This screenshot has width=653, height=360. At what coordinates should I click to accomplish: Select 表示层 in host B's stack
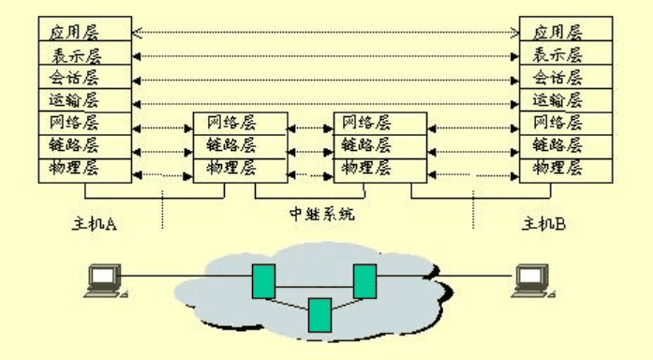pyautogui.click(x=566, y=53)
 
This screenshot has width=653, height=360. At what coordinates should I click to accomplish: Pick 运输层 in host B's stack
pyautogui.click(x=566, y=99)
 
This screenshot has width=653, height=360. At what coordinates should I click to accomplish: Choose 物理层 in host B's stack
pyautogui.click(x=566, y=169)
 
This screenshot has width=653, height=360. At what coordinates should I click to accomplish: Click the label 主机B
pyautogui.click(x=544, y=223)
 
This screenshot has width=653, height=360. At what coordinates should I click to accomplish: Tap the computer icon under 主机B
pyautogui.click(x=533, y=280)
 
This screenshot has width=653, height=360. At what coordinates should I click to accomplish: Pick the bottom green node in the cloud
pyautogui.click(x=319, y=315)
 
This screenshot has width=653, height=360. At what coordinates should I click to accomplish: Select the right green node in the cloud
pyautogui.click(x=364, y=280)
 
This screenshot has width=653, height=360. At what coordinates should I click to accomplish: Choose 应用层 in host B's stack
pyautogui.click(x=566, y=31)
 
